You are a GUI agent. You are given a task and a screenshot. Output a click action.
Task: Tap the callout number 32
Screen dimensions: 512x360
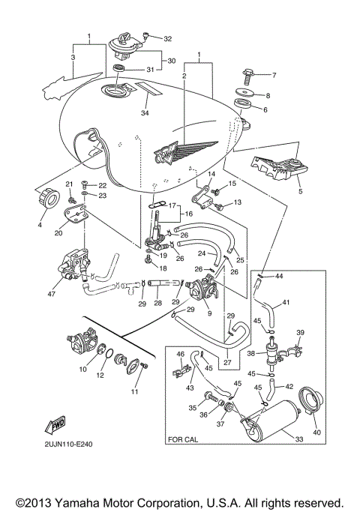coord(167,38)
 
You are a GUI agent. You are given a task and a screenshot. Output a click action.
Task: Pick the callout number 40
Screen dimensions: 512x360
coord(274,75)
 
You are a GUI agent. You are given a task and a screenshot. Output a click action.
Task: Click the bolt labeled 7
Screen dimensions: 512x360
coord(250,75)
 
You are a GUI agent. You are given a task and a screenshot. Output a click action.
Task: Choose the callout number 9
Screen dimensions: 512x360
coord(209,313)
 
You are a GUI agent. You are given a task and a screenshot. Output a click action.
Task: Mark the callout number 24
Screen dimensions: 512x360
coord(201,254)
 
